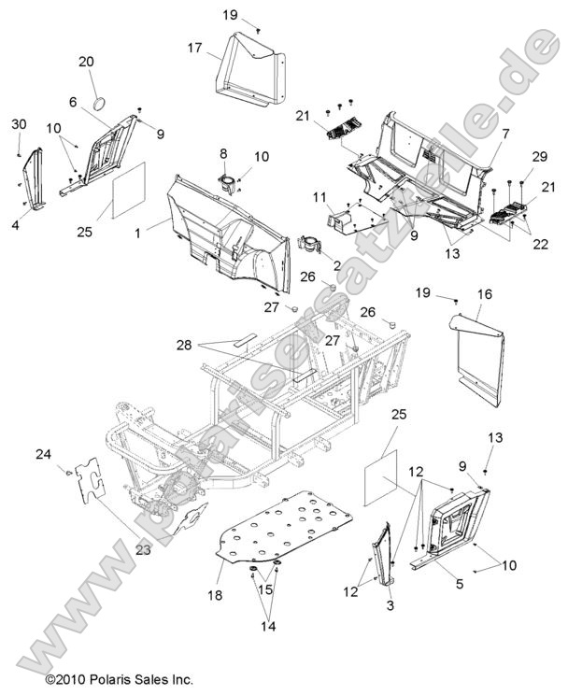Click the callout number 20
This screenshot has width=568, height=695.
[x=86, y=61]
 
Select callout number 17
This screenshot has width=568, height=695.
[x=194, y=47]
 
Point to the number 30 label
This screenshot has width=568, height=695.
[x=19, y=124]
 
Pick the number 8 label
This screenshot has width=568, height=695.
[x=224, y=153]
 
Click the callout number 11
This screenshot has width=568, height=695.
[x=319, y=197]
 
